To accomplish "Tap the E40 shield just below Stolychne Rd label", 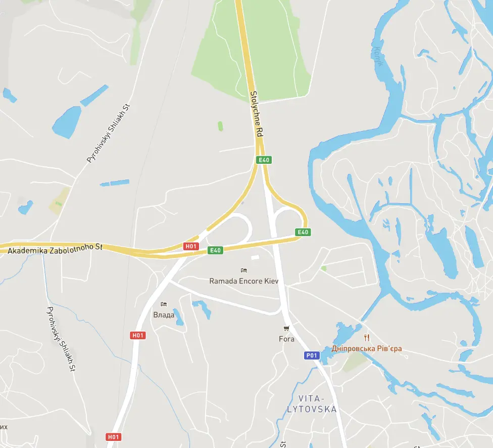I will coord(264,160).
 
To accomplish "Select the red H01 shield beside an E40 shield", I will coord(191,246).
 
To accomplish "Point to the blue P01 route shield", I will coord(312,355).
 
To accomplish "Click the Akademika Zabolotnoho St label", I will coord(56,248).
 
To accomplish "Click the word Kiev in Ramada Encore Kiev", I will coord(271,281).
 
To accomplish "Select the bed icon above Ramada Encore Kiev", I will coord(244,271).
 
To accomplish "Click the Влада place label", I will coord(164,315).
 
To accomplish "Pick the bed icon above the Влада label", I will coord(163,304).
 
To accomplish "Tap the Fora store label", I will coord(286,339).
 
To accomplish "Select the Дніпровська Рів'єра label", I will coord(367,348).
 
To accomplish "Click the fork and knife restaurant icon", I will coord(367,337).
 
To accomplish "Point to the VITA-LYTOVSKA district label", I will coord(311,404).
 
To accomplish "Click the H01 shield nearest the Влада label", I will coord(138,335).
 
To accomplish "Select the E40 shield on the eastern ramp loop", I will coord(303,232).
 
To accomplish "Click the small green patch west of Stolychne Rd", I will coord(220,126).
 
